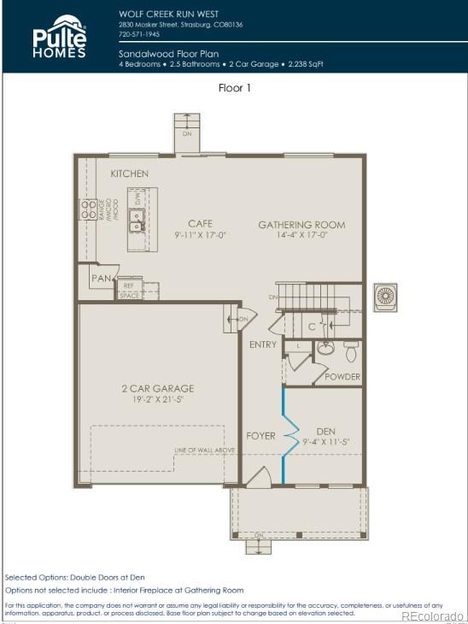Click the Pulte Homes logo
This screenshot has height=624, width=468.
tap(60, 37)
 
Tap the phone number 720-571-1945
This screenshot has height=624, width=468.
tap(138, 35)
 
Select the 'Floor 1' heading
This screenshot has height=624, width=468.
tap(234, 87)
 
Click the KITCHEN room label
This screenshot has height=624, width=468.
tap(129, 174)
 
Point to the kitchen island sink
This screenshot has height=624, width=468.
tap(136, 220)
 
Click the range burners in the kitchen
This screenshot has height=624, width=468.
tap(87, 211)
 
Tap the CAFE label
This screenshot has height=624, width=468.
tap(200, 223)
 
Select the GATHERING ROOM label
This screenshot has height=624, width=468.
tap(301, 225)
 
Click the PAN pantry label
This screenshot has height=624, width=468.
tap(102, 279)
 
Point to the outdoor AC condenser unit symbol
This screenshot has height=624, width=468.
tap(385, 296)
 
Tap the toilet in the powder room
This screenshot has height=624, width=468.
tap(350, 350)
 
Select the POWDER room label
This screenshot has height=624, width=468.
tap(342, 376)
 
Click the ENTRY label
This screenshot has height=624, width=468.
tap(262, 344)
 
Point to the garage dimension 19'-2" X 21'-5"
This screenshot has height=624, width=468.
tap(157, 398)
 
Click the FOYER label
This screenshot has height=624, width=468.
tap(261, 435)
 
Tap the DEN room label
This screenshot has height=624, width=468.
tap(326, 431)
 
